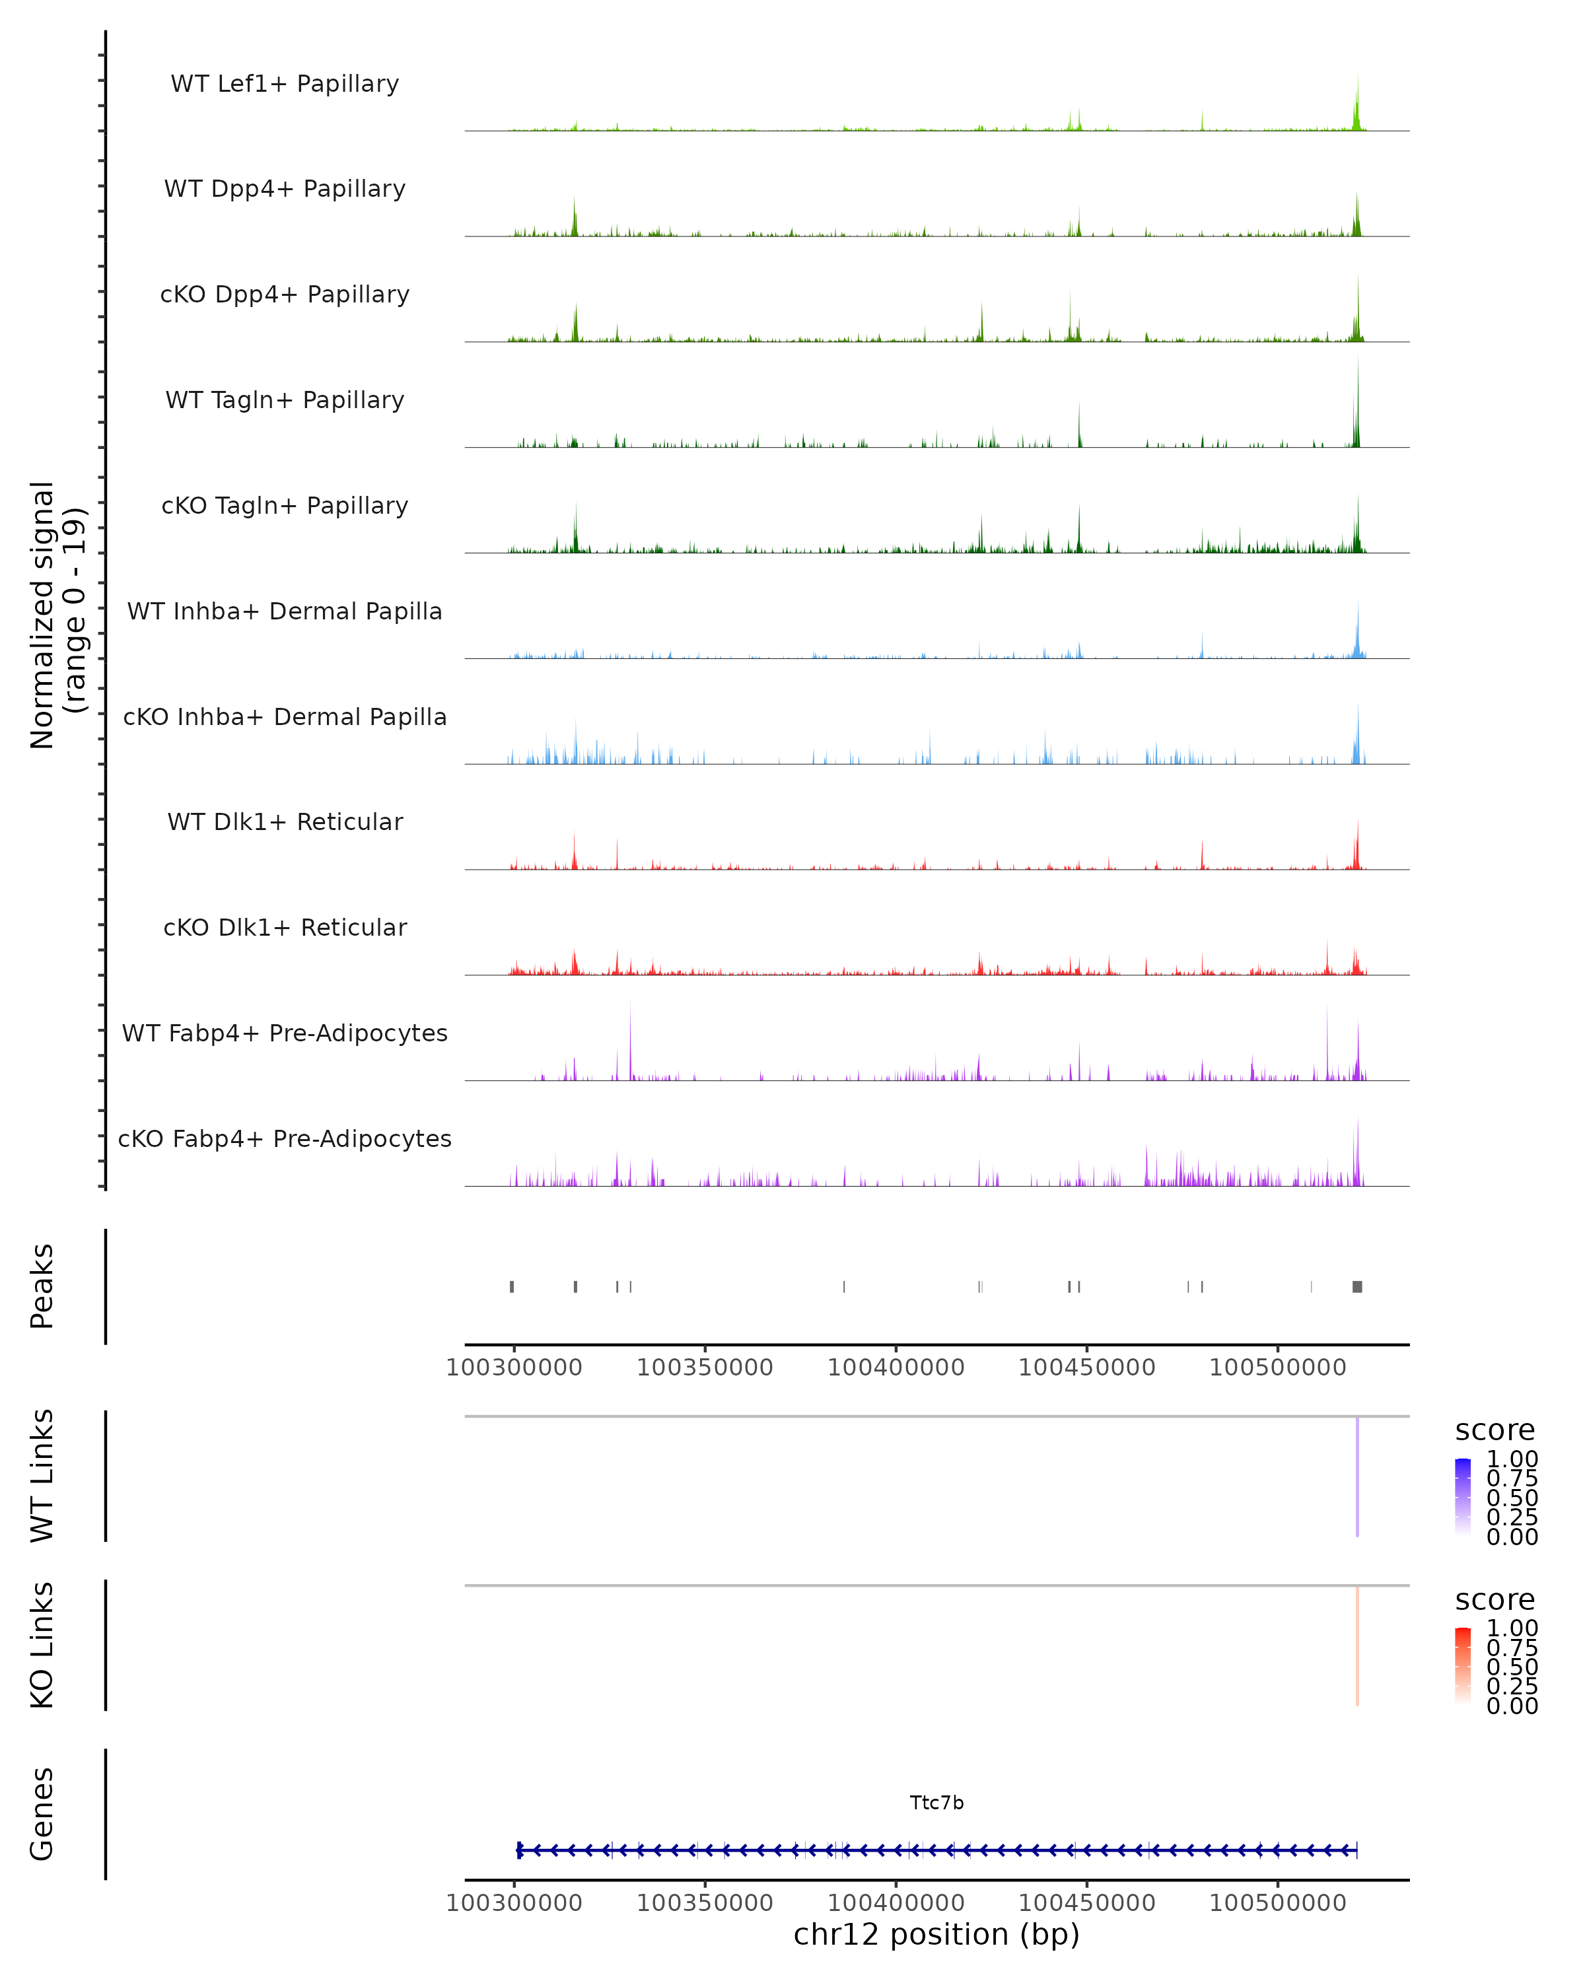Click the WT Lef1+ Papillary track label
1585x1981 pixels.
click(x=285, y=84)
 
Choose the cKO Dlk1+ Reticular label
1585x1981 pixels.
click(x=285, y=927)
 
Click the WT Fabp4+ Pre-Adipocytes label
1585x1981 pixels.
click(x=285, y=1033)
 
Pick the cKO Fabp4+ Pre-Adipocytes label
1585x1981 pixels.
click(x=285, y=1138)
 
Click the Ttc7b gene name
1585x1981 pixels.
click(x=936, y=1803)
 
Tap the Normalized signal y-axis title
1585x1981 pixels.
click(x=57, y=615)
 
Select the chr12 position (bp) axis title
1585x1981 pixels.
click(x=936, y=1934)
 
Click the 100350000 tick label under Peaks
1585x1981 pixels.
click(x=705, y=1368)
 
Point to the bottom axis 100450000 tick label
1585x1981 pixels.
click(x=1086, y=1903)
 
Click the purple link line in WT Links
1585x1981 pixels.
click(x=1357, y=1477)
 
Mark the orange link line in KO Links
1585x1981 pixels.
click(x=1357, y=1646)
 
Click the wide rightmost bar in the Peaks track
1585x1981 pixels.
click(x=1357, y=1286)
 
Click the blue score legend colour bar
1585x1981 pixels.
click(x=1463, y=1496)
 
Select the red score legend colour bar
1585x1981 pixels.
click(x=1463, y=1665)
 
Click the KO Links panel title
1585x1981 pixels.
click(x=42, y=1645)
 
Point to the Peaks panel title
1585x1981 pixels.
click(x=42, y=1286)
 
